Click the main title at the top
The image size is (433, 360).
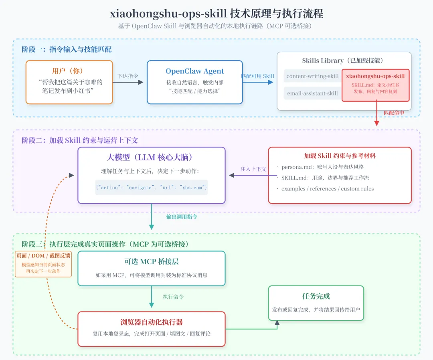tap(216, 14)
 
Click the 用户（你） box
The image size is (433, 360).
tap(69, 82)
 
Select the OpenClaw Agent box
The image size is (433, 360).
tap(195, 82)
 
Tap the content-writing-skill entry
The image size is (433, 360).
tap(313, 76)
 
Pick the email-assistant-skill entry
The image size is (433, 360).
tap(313, 93)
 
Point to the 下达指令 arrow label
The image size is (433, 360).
tap(128, 76)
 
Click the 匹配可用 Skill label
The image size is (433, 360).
tap(258, 76)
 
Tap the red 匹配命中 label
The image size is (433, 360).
tap(394, 113)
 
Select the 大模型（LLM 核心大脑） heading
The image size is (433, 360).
tap(152, 157)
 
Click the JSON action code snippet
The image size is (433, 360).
tap(152, 187)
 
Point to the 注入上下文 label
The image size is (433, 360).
tap(253, 169)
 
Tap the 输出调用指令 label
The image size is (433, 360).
tap(182, 217)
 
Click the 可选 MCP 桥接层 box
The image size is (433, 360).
tap(152, 268)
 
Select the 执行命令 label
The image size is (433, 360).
tap(173, 297)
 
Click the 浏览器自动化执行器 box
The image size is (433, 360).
tap(152, 329)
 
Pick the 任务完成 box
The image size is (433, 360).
tap(316, 303)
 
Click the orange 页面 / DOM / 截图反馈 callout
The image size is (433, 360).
tap(43, 264)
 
